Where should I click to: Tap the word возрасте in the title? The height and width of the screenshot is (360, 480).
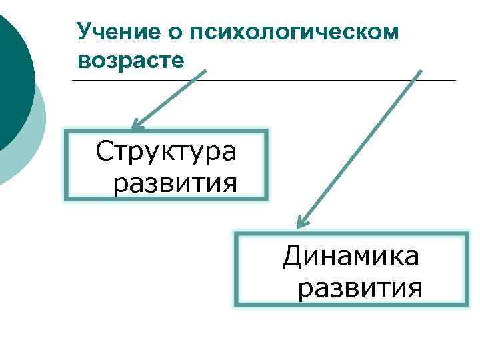click(x=130, y=61)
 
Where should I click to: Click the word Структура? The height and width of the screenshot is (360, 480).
click(x=166, y=152)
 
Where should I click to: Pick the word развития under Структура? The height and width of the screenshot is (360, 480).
click(x=175, y=182)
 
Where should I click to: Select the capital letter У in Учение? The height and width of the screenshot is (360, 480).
click(x=83, y=31)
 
